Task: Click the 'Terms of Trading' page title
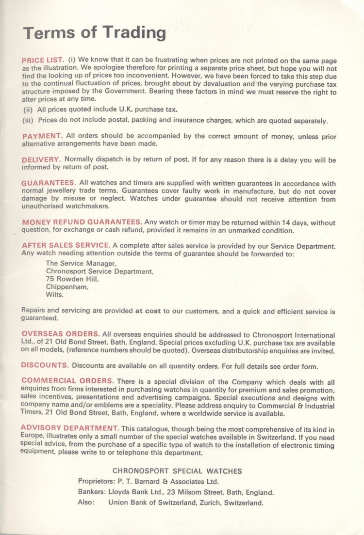tap(95, 32)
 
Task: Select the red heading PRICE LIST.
tap(43, 60)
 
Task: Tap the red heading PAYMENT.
tap(42, 136)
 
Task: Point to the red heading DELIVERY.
tap(41, 159)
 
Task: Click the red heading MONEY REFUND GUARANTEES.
tap(82, 222)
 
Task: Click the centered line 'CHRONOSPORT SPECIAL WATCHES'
tap(177, 471)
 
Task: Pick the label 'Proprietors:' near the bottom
tap(95, 482)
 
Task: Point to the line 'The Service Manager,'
tap(81, 264)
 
